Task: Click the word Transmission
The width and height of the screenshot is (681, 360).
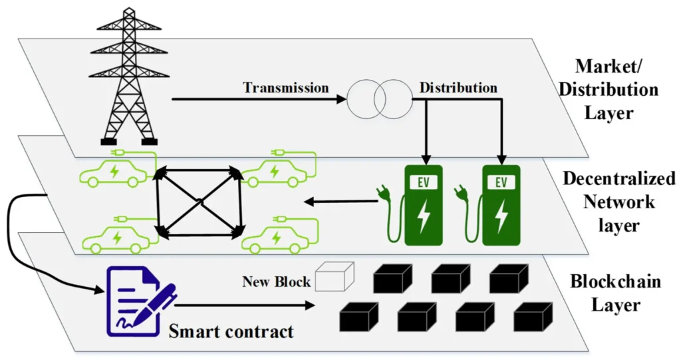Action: pos(285,88)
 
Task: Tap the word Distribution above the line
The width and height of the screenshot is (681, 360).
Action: pos(458,88)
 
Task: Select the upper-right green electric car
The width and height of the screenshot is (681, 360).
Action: pos(275,172)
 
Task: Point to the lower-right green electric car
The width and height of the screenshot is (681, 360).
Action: pos(275,238)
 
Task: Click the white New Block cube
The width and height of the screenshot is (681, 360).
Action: pos(334,277)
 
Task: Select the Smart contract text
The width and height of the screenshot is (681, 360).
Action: pos(231,331)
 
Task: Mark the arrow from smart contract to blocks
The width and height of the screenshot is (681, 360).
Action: pos(246,306)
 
